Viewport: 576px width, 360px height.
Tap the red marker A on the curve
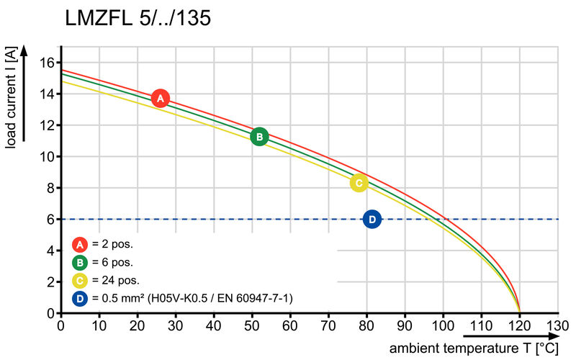[x=161, y=99]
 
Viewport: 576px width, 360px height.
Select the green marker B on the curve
[x=259, y=137]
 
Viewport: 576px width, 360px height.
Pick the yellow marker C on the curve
[x=359, y=183]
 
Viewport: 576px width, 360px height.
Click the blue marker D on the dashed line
[x=372, y=219]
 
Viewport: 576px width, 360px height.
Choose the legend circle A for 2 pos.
[x=80, y=243]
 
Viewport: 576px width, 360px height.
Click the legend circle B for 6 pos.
[x=80, y=261]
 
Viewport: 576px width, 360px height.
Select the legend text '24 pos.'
[x=115, y=280]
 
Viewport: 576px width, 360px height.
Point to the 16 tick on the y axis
[x=47, y=63]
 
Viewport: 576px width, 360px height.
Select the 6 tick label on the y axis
[x=50, y=220]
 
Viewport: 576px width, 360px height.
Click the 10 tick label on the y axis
[x=47, y=157]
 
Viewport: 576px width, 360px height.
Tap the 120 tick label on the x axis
[x=519, y=325]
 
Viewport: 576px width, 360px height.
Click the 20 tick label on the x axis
[x=137, y=325]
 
